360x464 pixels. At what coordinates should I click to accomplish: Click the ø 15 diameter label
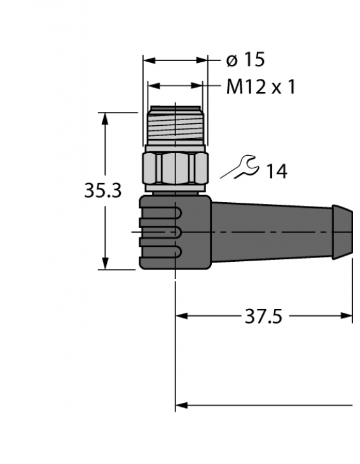(245, 60)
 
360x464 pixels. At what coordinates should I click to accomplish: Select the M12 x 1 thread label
(261, 86)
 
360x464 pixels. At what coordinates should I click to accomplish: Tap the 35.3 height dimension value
(102, 190)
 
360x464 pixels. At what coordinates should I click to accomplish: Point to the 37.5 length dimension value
(263, 316)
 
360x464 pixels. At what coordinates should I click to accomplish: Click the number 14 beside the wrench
(276, 171)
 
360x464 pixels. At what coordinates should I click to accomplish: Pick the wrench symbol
(241, 168)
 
